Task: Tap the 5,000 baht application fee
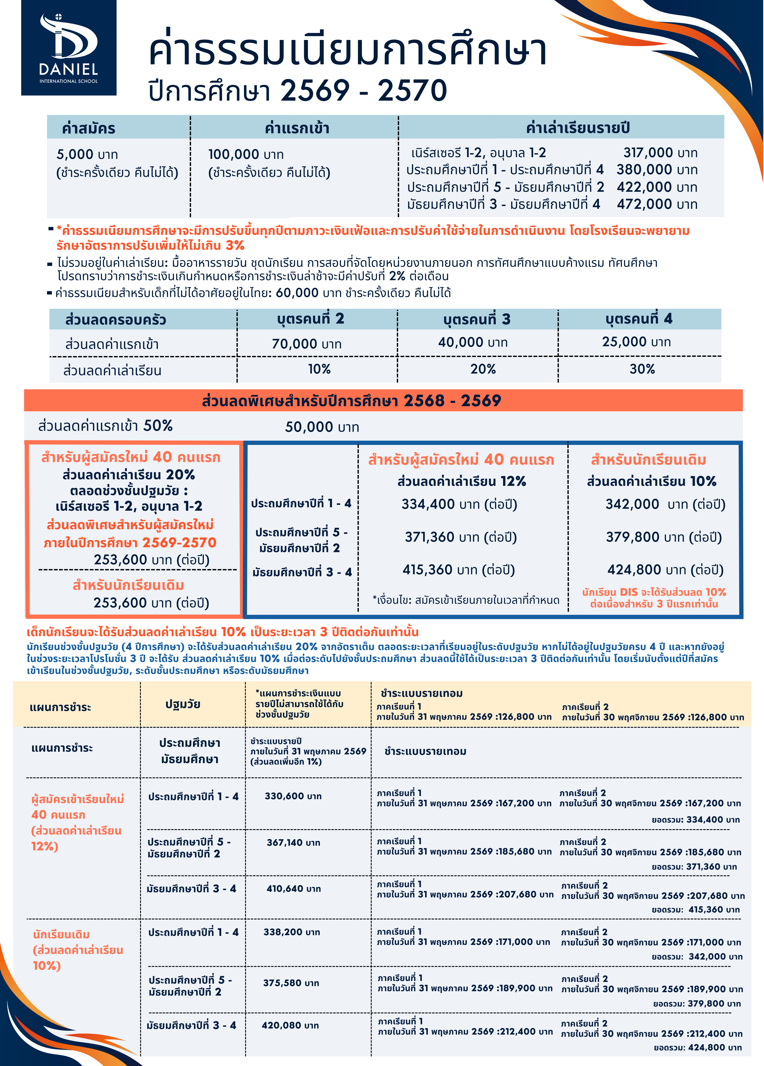click(87, 154)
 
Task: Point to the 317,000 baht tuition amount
click(660, 153)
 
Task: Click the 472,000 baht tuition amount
click(657, 204)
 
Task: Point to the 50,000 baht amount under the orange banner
click(322, 427)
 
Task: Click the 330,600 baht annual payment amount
click(293, 796)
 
